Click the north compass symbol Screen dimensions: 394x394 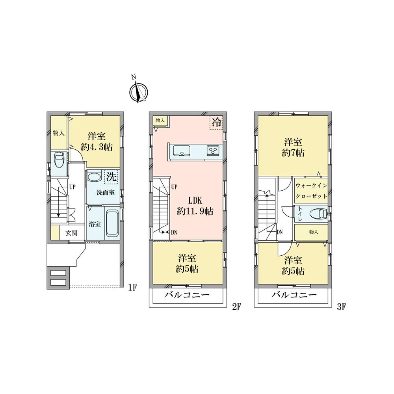(138, 91)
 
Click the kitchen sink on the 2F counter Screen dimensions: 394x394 (181, 150)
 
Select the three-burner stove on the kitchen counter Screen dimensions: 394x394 (214, 150)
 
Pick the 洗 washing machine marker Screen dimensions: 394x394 (111, 177)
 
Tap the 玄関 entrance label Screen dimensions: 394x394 (71, 233)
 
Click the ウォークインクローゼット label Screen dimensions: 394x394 (311, 190)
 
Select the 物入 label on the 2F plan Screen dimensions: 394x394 (160, 120)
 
